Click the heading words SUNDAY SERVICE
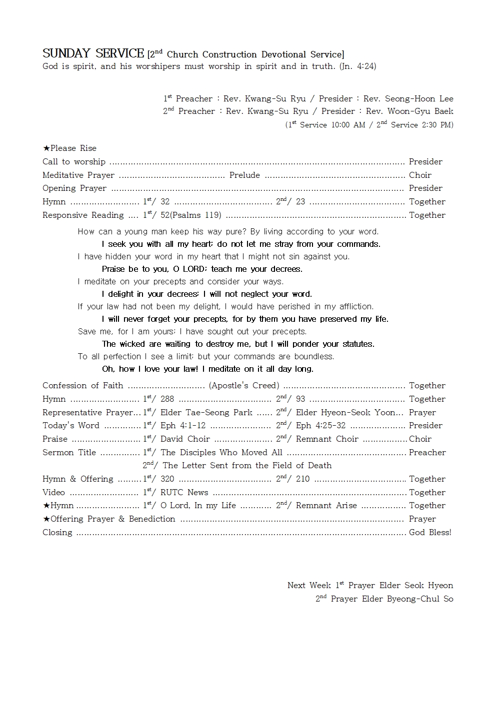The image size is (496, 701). (93, 53)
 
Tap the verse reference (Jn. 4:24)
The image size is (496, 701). (357, 66)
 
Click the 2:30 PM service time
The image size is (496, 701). (437, 125)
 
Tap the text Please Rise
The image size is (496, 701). (73, 148)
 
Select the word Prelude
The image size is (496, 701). (244, 175)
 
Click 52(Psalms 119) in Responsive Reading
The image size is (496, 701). (191, 215)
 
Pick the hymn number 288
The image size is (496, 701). (167, 399)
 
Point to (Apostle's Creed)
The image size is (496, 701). (244, 385)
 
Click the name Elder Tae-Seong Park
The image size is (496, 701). (206, 412)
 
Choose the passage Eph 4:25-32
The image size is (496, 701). (320, 425)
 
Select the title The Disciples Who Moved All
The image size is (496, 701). (221, 452)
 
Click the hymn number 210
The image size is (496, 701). (302, 479)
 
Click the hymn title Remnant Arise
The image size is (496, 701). (326, 505)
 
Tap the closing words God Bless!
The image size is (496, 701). (430, 532)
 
